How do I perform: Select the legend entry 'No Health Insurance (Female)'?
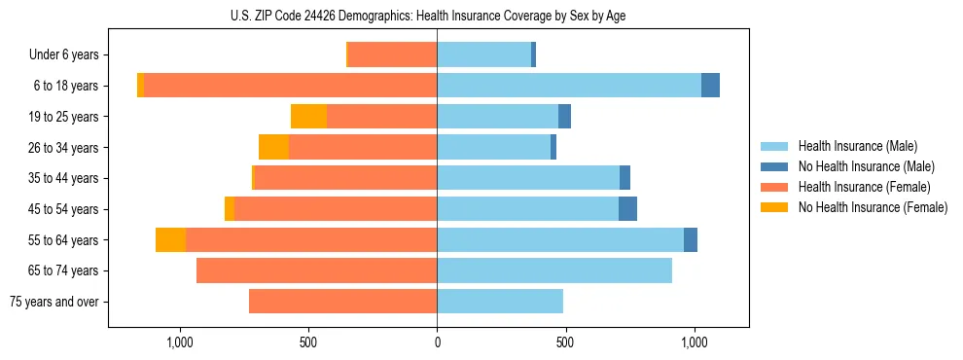tap(873, 207)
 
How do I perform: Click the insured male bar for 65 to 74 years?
tap(554, 270)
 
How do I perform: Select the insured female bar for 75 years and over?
tap(342, 302)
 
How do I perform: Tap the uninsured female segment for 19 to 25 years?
tap(308, 117)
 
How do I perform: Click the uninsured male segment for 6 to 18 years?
tap(710, 86)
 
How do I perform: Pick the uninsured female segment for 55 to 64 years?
tap(170, 239)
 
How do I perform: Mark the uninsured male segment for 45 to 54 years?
tap(627, 209)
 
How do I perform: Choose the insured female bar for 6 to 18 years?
tap(290, 86)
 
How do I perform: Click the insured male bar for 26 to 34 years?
tap(493, 147)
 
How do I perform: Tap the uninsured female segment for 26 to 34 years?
tap(273, 147)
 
